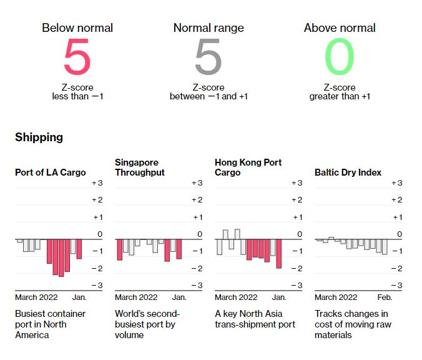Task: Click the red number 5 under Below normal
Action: [77, 58]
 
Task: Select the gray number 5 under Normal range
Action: [209, 58]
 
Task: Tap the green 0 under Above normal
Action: [340, 58]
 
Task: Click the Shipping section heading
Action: [39, 137]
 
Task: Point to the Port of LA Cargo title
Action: [51, 172]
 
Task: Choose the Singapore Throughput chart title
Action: [140, 167]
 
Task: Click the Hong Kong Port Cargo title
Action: [248, 167]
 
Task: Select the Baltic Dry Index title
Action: [348, 172]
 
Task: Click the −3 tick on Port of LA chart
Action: [97, 286]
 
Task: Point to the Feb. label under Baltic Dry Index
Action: [385, 297]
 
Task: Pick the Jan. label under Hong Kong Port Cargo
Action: [279, 297]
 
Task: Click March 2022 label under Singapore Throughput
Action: [136, 297]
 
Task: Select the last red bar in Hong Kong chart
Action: [278, 253]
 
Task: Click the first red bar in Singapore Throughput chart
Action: [119, 249]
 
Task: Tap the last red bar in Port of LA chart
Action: [79, 249]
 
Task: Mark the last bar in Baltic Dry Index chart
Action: [385, 247]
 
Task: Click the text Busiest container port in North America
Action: [51, 324]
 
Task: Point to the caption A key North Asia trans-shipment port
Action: [255, 319]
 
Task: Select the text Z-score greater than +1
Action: [340, 92]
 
